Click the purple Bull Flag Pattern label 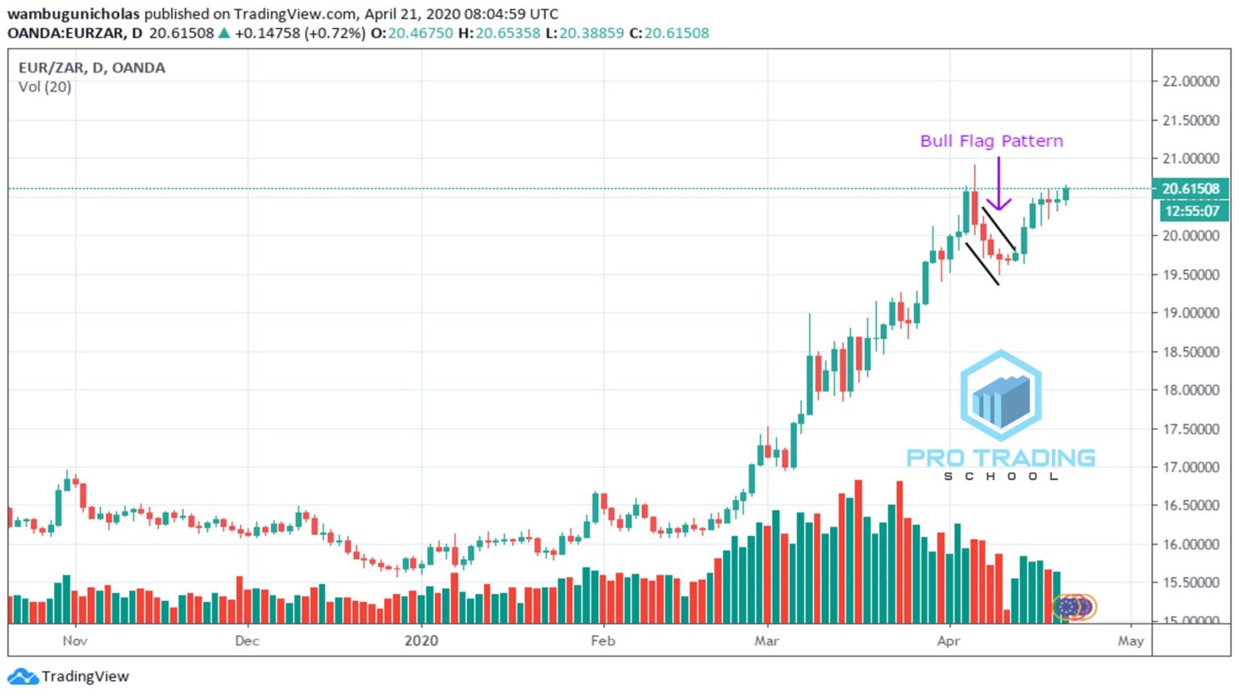click(991, 141)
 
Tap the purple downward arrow click(999, 185)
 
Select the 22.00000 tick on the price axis click(1190, 81)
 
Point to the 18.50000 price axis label click(1190, 352)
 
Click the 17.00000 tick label click(1190, 467)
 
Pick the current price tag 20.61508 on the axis click(1190, 189)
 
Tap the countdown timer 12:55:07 click(1191, 211)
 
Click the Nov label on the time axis click(75, 641)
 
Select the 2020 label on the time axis click(421, 641)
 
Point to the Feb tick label click(603, 641)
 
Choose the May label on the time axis click(1130, 641)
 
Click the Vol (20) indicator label click(45, 87)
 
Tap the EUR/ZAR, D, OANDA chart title click(92, 68)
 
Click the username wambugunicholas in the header click(73, 14)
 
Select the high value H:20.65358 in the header click(499, 33)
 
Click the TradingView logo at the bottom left click(68, 676)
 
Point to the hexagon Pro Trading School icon click(1001, 395)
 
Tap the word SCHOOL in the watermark click(1001, 477)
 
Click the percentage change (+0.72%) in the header click(334, 33)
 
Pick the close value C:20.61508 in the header click(669, 33)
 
